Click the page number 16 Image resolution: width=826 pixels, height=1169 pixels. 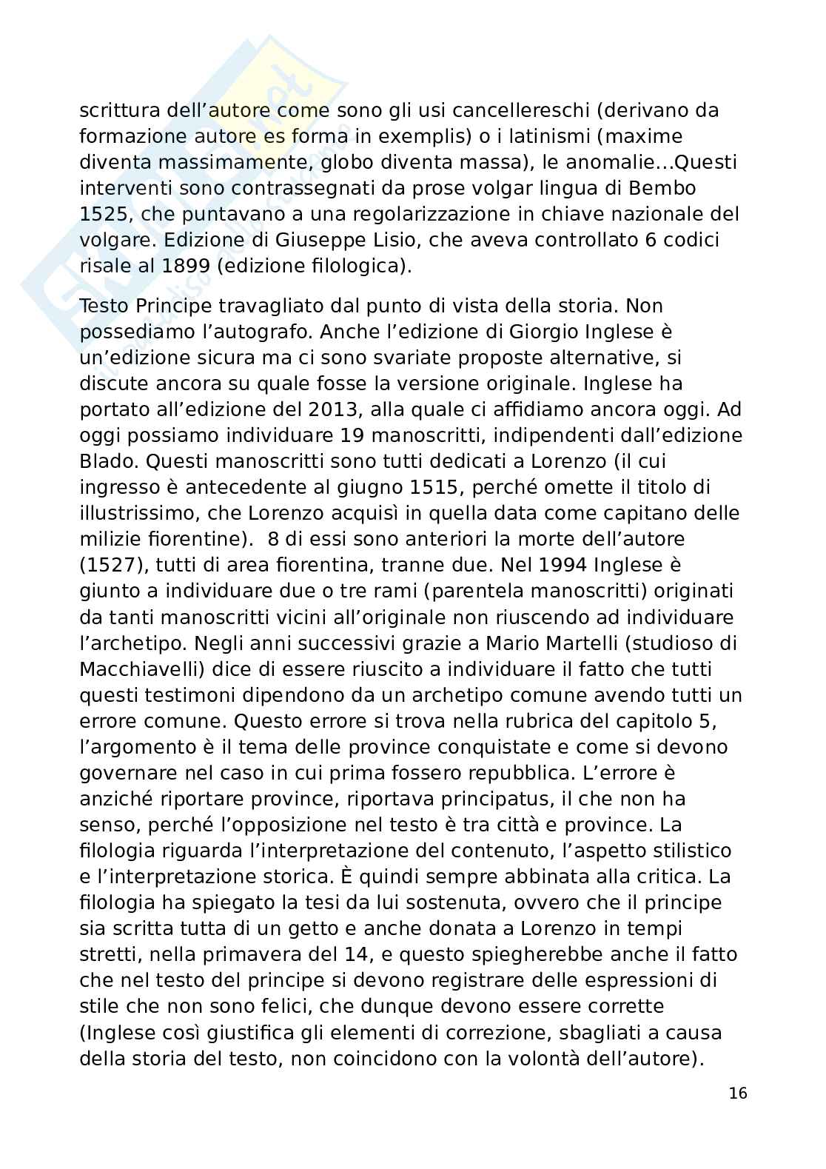(737, 1093)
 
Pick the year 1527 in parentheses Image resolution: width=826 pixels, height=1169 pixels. (115, 565)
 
